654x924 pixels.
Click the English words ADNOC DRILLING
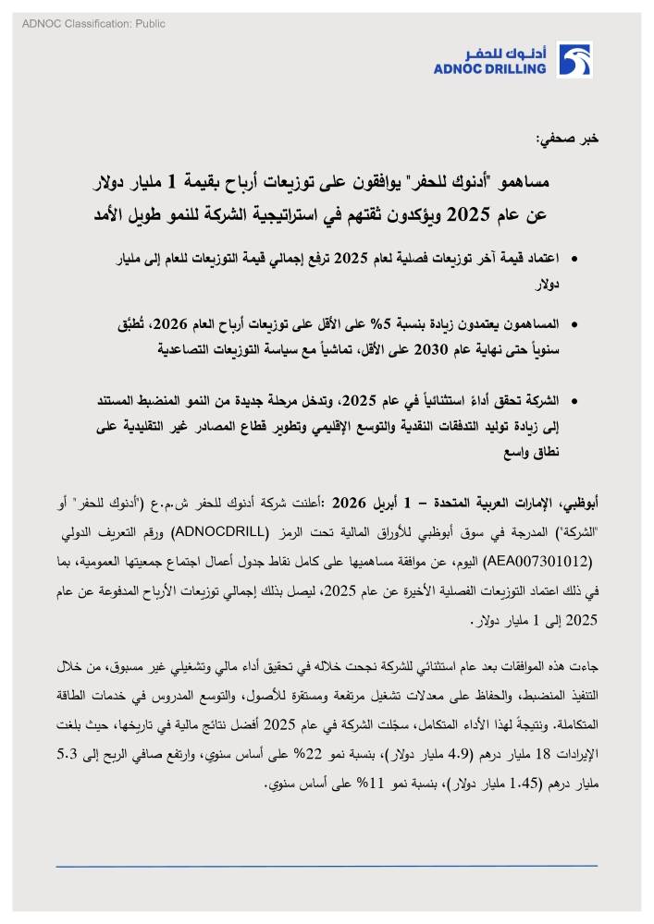pos(489,68)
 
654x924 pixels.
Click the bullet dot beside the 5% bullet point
pos(574,326)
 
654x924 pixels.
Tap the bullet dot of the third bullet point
pos(574,401)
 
